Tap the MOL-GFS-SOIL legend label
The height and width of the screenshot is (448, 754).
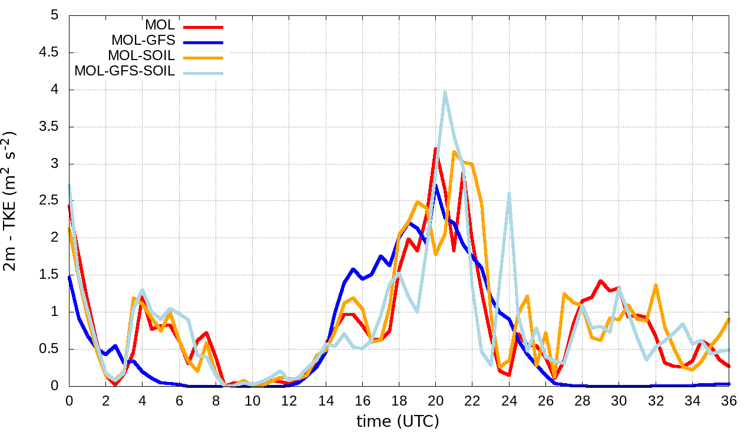pyautogui.click(x=125, y=71)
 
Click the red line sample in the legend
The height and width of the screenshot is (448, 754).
pyautogui.click(x=203, y=27)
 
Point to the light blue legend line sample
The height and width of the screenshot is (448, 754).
pyautogui.click(x=203, y=73)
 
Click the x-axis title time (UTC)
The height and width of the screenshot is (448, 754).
pyautogui.click(x=398, y=421)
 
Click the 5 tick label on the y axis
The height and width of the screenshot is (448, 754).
pyautogui.click(x=55, y=16)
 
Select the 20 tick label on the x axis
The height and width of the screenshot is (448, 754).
pyautogui.click(x=435, y=401)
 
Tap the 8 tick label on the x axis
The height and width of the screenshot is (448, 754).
pyautogui.click(x=216, y=401)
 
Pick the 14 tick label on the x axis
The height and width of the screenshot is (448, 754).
pyautogui.click(x=326, y=401)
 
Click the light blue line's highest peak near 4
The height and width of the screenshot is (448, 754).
pyautogui.click(x=445, y=92)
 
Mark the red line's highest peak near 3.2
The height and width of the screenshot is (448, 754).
pyautogui.click(x=435, y=149)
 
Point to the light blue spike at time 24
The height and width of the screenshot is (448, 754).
pyautogui.click(x=509, y=193)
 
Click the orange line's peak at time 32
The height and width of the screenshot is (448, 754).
pyautogui.click(x=656, y=285)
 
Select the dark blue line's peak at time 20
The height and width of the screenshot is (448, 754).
pyautogui.click(x=436, y=186)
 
